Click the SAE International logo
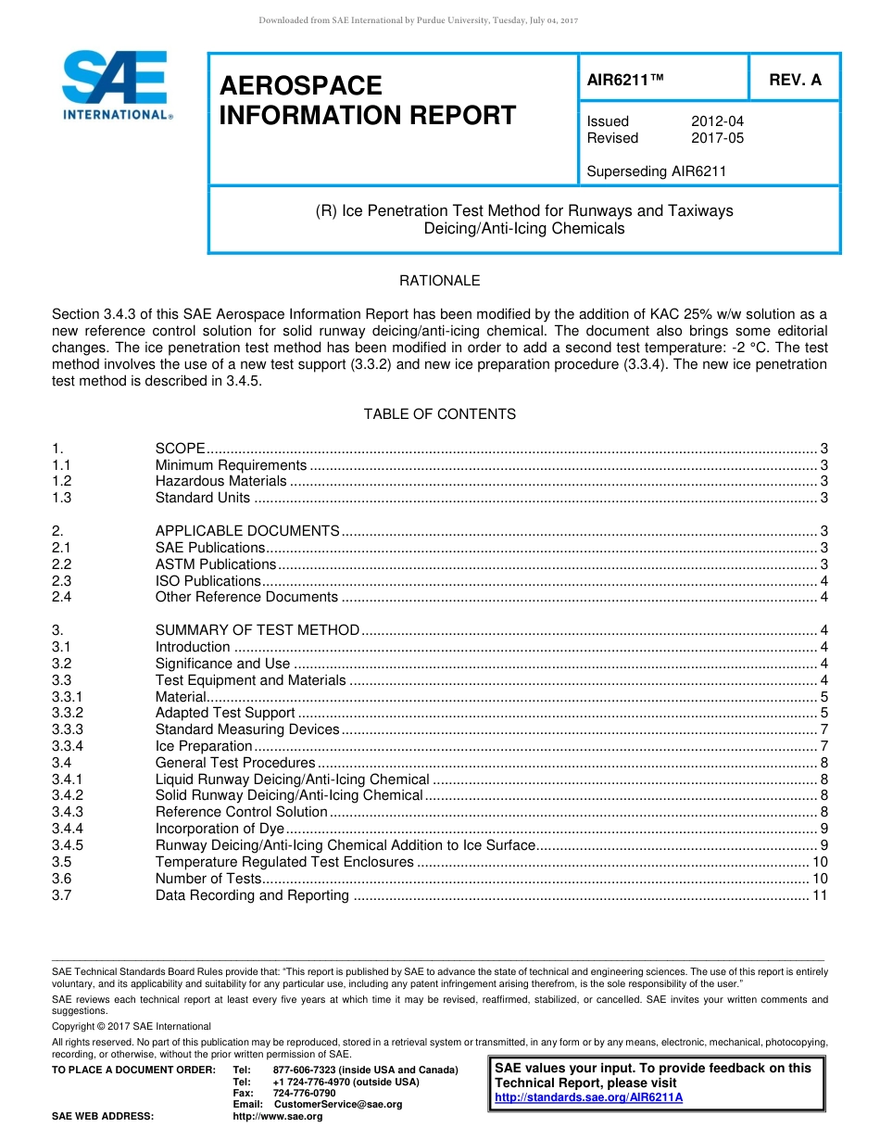coord(116,85)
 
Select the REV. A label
coord(795,80)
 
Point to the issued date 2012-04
coord(717,121)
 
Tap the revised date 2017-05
coord(717,138)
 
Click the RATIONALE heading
coord(439,281)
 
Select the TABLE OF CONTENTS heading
coord(439,414)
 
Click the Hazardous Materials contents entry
coord(220,481)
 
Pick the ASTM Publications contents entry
coord(215,564)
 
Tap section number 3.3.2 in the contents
coord(68,713)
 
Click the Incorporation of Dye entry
coord(220,829)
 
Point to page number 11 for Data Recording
coord(819,895)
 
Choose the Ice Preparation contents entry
coord(203,746)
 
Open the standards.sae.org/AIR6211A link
coord(588,1097)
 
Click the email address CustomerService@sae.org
coord(338,1104)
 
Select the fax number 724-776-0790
coord(304,1093)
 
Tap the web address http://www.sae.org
coord(277,1117)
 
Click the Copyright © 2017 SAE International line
coord(132,1026)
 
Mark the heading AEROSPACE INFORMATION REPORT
coord(367,101)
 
